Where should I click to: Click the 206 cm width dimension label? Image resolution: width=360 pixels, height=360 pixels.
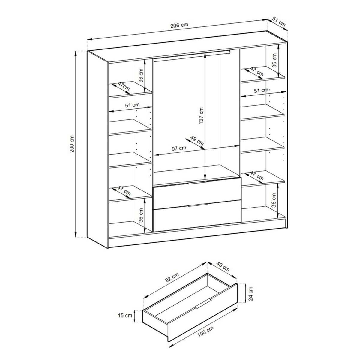[179, 25]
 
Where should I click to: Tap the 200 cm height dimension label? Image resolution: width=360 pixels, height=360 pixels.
[72, 144]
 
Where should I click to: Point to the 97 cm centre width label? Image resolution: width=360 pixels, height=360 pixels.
[179, 148]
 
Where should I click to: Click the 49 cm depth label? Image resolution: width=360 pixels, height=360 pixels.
[197, 140]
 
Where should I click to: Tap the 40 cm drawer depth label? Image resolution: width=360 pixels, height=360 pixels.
[223, 266]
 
